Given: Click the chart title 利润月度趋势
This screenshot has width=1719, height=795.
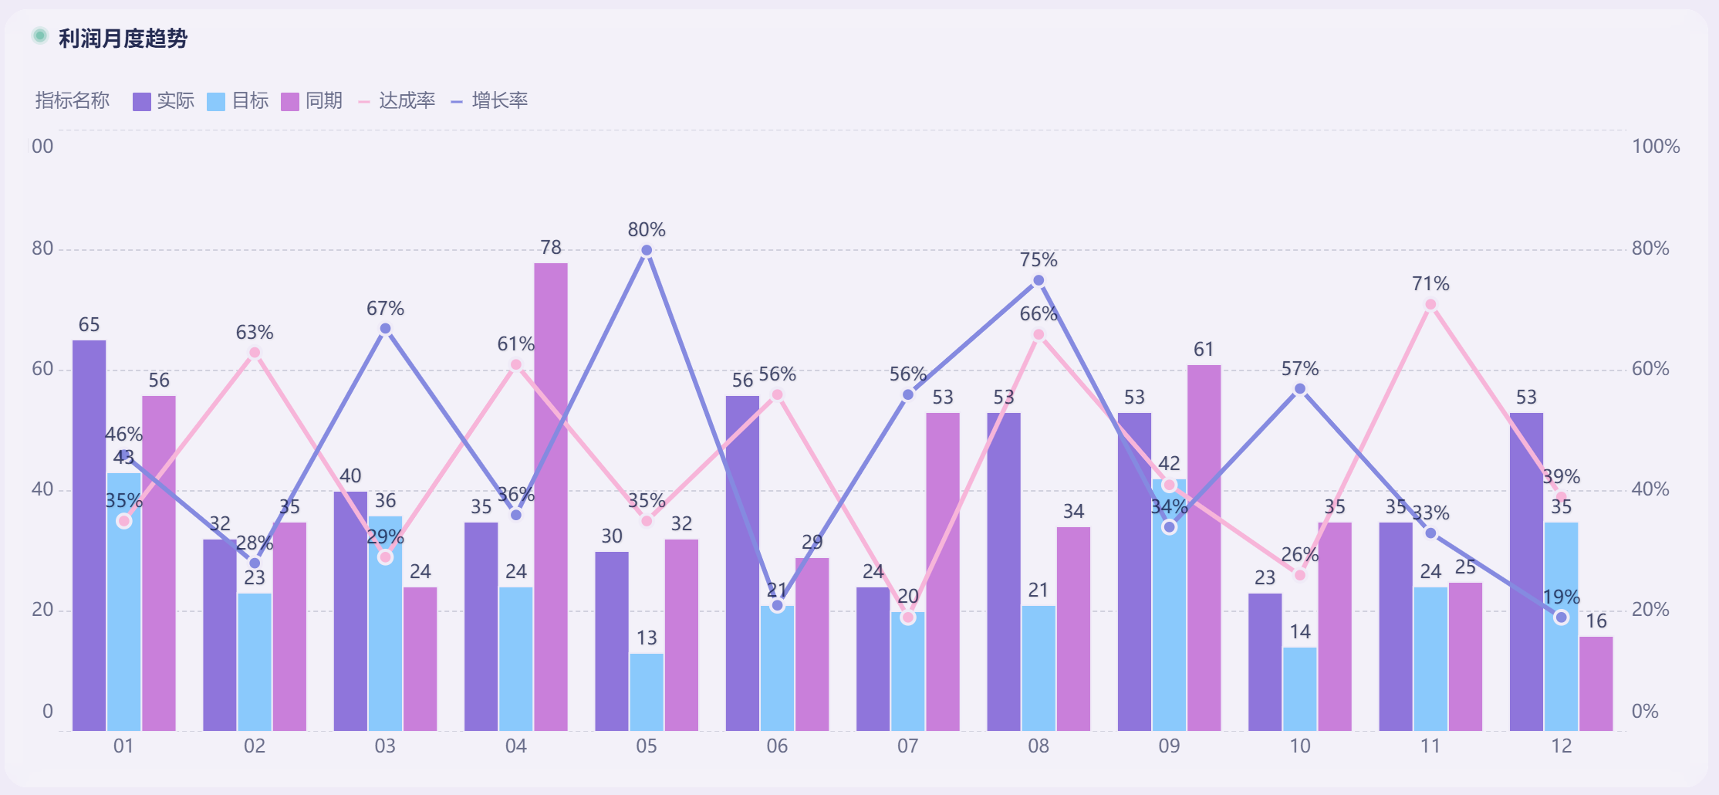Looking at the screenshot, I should pyautogui.click(x=123, y=38).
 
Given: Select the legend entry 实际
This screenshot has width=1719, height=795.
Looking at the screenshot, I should pyautogui.click(x=164, y=101).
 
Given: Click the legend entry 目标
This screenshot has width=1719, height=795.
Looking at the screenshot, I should pyautogui.click(x=238, y=101).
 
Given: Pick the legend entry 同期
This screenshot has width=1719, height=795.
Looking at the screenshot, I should pyautogui.click(x=312, y=101).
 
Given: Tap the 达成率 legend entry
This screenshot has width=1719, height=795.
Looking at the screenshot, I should pyautogui.click(x=397, y=101).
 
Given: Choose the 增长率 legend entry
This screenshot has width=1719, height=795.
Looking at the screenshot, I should pyautogui.click(x=490, y=101).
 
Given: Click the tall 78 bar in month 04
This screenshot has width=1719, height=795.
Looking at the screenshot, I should pyautogui.click(x=550, y=494).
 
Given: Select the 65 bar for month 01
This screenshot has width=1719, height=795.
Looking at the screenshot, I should pyautogui.click(x=89, y=533).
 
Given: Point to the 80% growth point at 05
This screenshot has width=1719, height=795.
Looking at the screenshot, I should pyautogui.click(x=647, y=250).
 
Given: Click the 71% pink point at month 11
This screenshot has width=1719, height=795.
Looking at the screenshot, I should pyautogui.click(x=1430, y=305).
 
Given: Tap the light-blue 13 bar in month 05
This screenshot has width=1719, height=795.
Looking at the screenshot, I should pyautogui.click(x=647, y=692).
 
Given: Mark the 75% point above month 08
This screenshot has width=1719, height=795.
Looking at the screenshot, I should pyautogui.click(x=1038, y=281).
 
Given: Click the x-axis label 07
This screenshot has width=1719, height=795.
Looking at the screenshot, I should pyautogui.click(x=907, y=746).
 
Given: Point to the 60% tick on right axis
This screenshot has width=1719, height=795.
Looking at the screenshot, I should pyautogui.click(x=1650, y=369).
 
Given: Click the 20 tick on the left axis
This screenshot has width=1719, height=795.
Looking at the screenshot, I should pyautogui.click(x=42, y=610).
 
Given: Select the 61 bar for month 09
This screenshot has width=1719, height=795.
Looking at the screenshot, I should pyautogui.click(x=1204, y=548).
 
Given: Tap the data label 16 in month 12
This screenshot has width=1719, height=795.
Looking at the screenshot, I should pyautogui.click(x=1596, y=621).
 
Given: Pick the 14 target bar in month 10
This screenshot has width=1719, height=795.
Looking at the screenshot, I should pyautogui.click(x=1300, y=688).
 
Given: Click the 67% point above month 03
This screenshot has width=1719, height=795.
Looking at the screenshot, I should pyautogui.click(x=385, y=329).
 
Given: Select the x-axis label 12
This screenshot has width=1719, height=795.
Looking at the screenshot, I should pyautogui.click(x=1561, y=746).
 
